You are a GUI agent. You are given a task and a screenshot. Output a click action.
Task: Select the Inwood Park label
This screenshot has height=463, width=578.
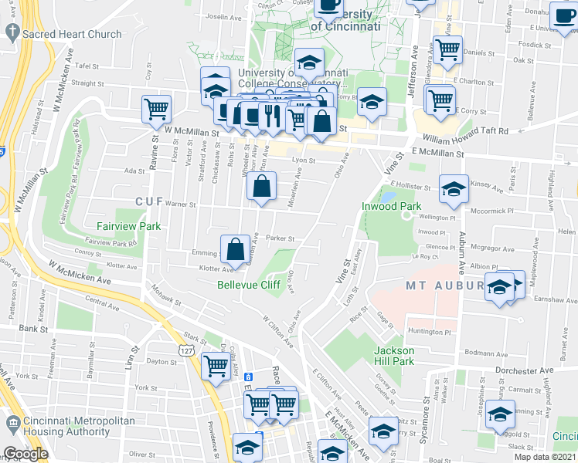(391, 207)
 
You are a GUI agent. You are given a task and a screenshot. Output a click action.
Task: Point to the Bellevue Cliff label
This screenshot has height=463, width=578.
(248, 285)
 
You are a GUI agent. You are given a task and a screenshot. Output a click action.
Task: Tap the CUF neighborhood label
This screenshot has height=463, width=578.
(149, 201)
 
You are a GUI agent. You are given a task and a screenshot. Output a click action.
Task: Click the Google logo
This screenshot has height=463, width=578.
(25, 453)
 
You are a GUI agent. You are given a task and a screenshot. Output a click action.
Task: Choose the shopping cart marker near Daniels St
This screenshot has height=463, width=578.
(447, 49)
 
